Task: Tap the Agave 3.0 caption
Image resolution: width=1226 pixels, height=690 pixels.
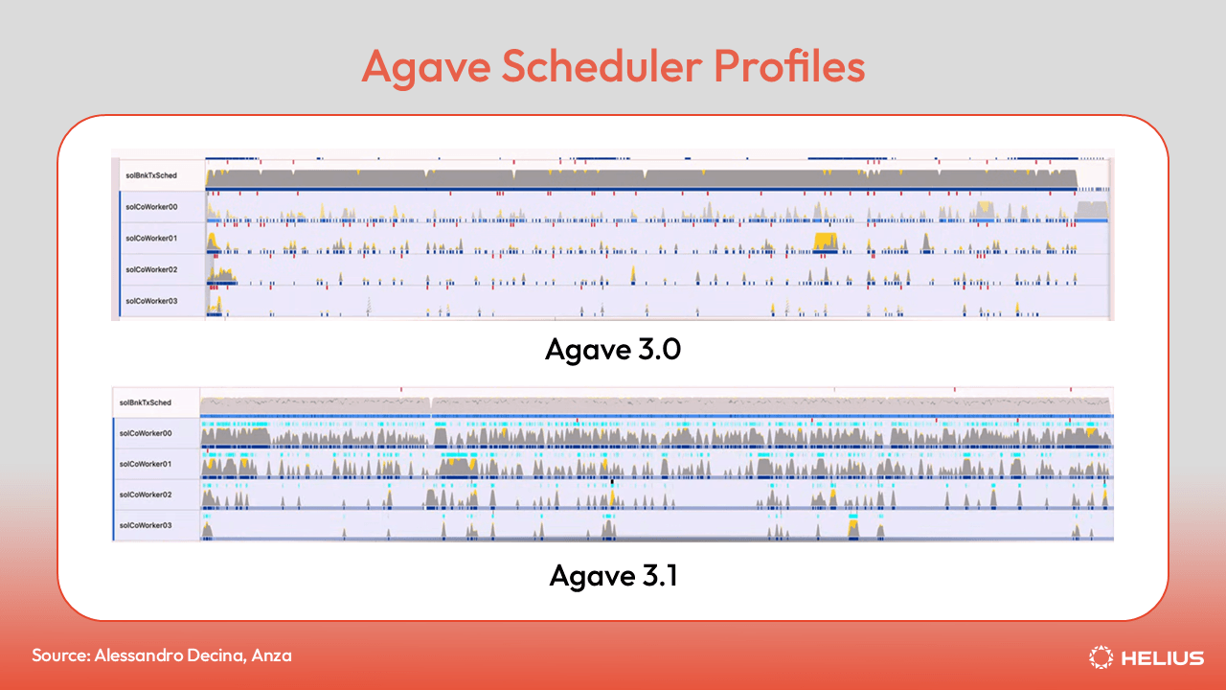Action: point(613,349)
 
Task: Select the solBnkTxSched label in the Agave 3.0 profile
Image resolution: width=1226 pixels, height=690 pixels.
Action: point(150,175)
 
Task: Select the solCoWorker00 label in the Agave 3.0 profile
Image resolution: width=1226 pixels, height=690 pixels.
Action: point(151,206)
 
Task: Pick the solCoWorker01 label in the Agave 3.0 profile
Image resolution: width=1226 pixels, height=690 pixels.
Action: point(151,238)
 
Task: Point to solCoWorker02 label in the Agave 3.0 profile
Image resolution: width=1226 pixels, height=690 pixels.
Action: point(151,269)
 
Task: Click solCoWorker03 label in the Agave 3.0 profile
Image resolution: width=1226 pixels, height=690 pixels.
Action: point(151,301)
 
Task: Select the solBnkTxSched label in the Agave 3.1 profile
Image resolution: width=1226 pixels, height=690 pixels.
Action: point(146,403)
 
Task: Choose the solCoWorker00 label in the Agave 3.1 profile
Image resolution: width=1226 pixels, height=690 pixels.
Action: point(146,434)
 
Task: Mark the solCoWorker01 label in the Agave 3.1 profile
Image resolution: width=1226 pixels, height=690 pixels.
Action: point(146,464)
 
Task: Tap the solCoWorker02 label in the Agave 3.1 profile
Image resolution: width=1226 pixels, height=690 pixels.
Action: point(146,494)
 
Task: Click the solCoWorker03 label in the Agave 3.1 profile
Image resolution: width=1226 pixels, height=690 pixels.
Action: point(146,525)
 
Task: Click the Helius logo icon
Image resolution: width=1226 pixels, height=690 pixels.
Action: point(1101,657)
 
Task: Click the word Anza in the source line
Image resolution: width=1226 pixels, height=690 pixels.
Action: point(272,655)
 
